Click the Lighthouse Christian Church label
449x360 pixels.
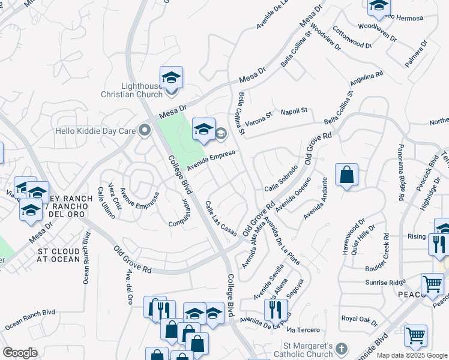(x=131, y=90)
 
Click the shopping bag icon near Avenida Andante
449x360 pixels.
(x=346, y=175)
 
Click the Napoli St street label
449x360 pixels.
(x=294, y=111)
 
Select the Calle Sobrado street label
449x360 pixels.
(x=281, y=178)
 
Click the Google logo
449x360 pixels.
(x=20, y=353)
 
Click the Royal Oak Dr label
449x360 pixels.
(x=358, y=320)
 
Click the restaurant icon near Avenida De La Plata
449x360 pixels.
(x=275, y=310)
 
